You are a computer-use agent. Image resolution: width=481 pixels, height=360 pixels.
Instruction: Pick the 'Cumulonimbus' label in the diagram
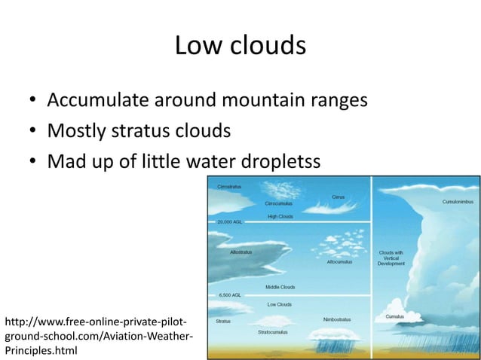tap(458, 201)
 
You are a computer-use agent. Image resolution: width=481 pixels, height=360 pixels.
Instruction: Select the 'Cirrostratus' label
tap(229, 185)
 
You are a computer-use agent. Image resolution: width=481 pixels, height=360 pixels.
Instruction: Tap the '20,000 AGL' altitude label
tap(229, 223)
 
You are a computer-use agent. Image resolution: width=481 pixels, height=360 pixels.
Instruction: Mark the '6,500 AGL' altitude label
tap(228, 295)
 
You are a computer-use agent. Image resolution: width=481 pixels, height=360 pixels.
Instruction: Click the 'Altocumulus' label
tap(339, 262)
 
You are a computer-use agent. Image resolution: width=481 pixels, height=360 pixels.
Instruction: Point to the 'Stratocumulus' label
tap(272, 331)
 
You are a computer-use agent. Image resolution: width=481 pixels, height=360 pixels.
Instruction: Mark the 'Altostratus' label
tap(241, 252)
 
